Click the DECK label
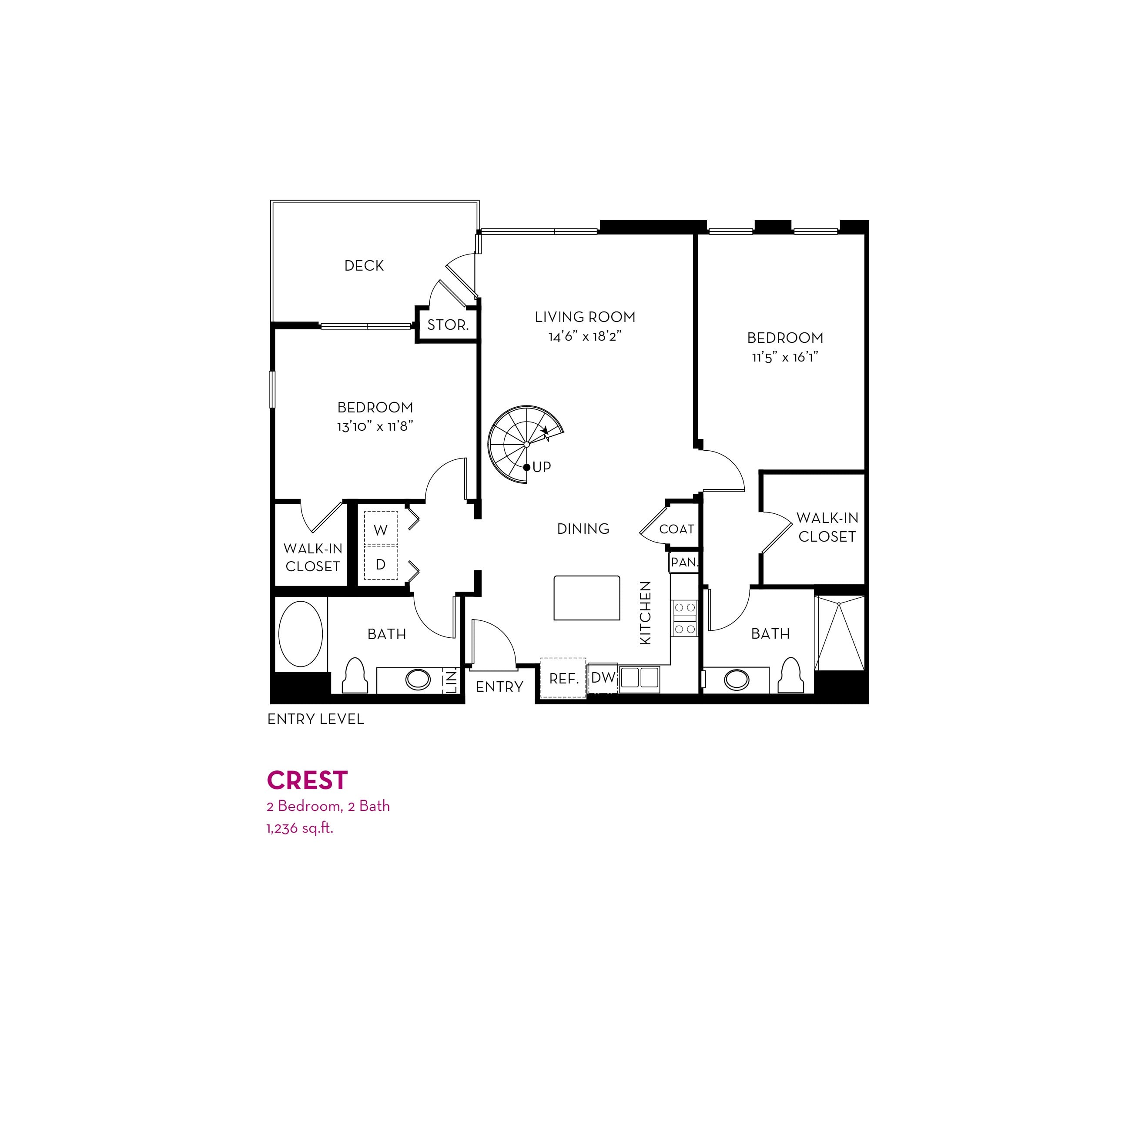tap(364, 266)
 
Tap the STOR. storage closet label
tap(448, 325)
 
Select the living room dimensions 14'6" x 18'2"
tap(585, 337)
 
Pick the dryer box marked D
tap(381, 562)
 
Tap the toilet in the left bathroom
tap(356, 676)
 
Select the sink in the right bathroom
tap(737, 680)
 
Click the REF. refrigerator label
tap(564, 679)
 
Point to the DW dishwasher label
tap(603, 678)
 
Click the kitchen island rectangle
tap(587, 598)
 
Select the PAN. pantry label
tap(684, 562)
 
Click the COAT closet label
tap(677, 529)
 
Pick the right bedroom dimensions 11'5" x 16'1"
tap(785, 358)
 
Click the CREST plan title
tap(308, 781)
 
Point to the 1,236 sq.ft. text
tap(300, 829)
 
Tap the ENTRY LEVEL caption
tap(316, 720)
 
